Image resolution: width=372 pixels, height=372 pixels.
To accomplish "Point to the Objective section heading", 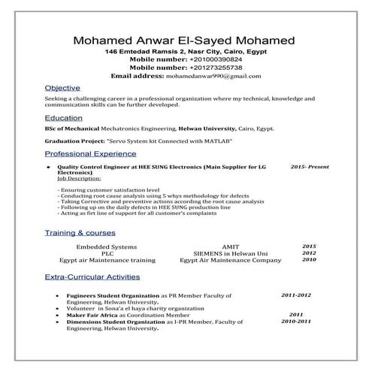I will coord(61,88).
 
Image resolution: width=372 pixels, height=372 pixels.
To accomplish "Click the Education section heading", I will coord(64,118).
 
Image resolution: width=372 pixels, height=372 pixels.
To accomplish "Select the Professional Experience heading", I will coord(89,153).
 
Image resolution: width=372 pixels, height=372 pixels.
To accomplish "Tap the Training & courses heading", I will coord(80,232).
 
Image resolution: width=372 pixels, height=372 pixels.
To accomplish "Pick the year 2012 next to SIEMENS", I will coord(309,253).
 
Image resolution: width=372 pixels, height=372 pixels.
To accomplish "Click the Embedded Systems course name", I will coord(107,246).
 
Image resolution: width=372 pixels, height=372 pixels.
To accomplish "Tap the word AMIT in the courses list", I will coord(230,246).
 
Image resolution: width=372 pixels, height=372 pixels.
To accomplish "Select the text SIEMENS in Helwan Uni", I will coord(230,253).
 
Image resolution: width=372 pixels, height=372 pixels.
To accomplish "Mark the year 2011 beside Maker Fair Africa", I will coord(295,314).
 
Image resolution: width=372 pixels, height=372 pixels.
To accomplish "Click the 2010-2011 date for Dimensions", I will coord(295,321).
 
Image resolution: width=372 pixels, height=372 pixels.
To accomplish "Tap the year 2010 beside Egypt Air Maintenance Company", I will coord(309,260).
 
